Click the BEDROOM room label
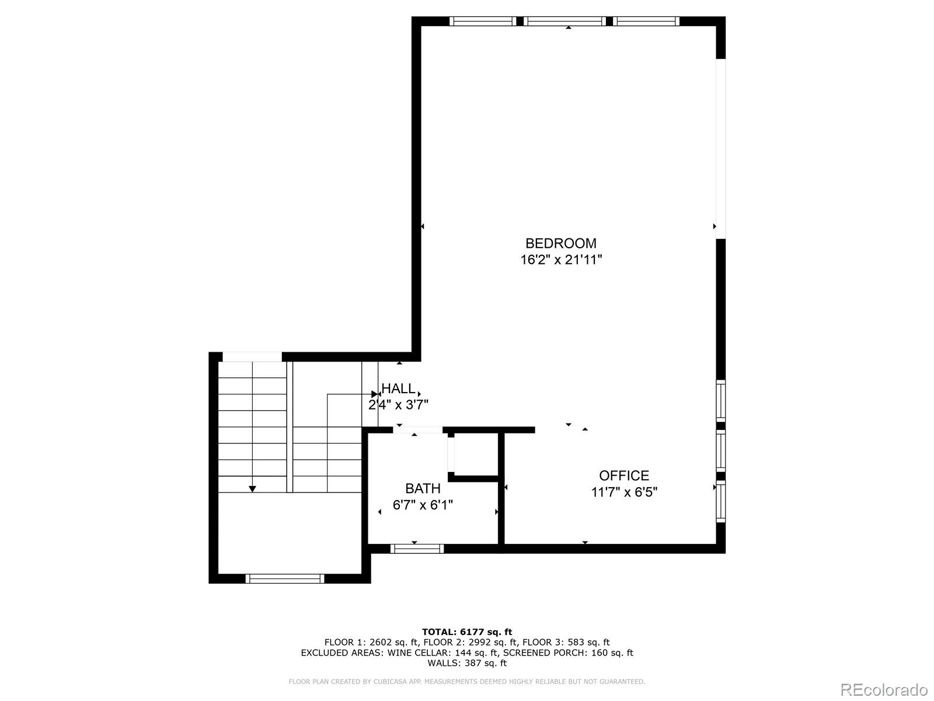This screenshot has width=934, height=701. (x=560, y=243)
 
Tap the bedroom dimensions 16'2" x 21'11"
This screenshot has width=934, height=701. (x=560, y=260)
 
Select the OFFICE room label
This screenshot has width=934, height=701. (x=623, y=476)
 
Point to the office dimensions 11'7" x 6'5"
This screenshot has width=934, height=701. (x=623, y=492)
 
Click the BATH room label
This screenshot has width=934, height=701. (x=423, y=488)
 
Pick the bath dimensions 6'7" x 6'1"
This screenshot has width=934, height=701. (x=423, y=505)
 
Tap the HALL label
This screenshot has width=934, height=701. (x=398, y=388)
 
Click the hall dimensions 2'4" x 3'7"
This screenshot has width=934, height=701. (x=398, y=404)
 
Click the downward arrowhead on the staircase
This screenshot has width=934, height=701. (x=252, y=489)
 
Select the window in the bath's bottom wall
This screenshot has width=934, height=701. (x=417, y=549)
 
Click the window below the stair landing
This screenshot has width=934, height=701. (x=285, y=578)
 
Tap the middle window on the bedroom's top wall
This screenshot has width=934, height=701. (x=564, y=22)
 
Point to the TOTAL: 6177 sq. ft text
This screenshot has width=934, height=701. (x=466, y=631)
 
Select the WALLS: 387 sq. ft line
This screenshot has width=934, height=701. (x=466, y=663)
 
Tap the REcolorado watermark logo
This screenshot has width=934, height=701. (x=883, y=689)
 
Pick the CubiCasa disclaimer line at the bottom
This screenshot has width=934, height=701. (x=466, y=681)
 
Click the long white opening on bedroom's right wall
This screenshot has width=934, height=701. (x=721, y=149)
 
